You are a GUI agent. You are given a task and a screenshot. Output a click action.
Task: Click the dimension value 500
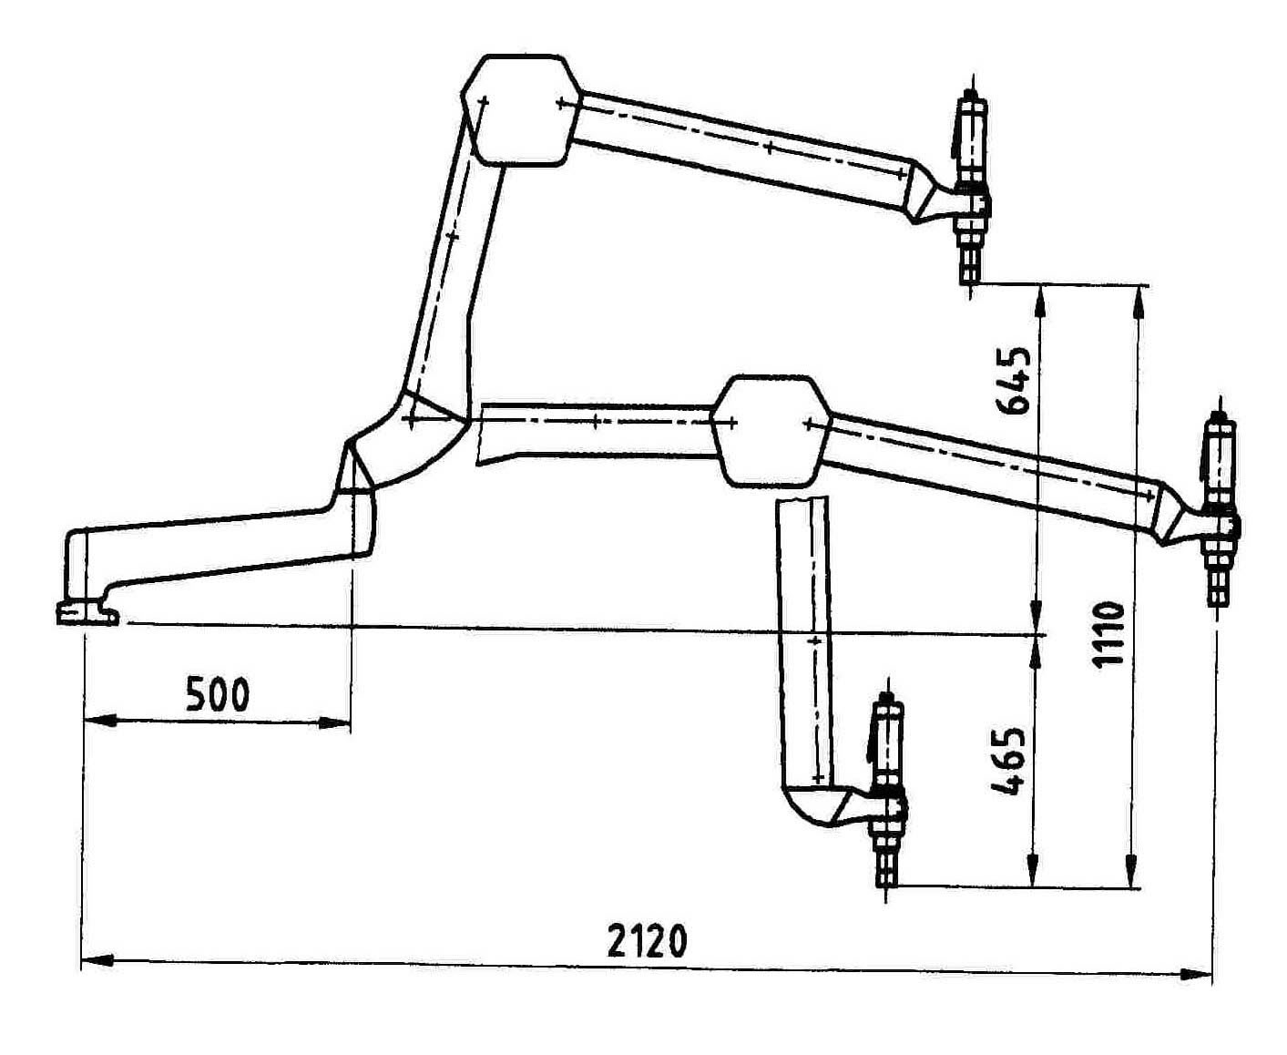pos(218,694)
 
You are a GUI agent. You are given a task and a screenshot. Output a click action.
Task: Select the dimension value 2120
pos(647,941)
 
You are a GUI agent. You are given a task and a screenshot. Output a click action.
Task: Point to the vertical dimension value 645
pos(1014,382)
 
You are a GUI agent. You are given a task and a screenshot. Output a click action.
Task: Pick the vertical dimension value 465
pos(1007,763)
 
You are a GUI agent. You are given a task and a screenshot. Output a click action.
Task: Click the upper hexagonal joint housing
pos(520,110)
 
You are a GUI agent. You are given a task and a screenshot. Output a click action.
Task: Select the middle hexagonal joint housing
pos(772,431)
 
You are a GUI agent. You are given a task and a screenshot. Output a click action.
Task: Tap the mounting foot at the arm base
pos(87,613)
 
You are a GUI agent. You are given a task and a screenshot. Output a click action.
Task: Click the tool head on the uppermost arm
pos(972,186)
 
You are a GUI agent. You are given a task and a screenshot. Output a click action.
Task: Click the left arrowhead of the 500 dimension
pos(99,721)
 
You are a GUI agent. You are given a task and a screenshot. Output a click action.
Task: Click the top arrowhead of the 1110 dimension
pos(1137,302)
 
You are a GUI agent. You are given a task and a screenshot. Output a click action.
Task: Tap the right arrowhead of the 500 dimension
pos(334,724)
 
